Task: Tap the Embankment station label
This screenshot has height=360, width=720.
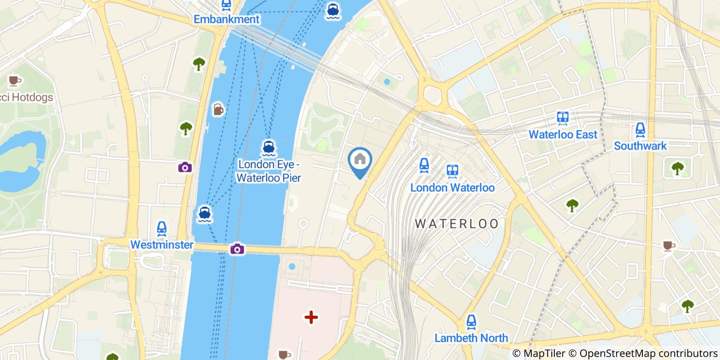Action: tap(226, 20)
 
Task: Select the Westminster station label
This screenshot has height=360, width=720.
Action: tap(161, 245)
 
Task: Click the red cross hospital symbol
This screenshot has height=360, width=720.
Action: tap(311, 317)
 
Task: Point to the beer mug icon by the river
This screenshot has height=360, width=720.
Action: tap(218, 110)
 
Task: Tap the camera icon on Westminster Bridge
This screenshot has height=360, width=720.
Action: tap(237, 249)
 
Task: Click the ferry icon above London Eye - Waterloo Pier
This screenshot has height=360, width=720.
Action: tap(268, 148)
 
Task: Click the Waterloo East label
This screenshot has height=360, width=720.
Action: tap(563, 135)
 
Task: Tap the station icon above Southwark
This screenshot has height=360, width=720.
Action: tap(640, 129)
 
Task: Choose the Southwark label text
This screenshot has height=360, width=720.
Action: tap(640, 146)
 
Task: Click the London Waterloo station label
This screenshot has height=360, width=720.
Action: tap(452, 188)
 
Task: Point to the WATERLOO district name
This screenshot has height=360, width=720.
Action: tap(457, 224)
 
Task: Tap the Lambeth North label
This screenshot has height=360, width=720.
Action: tap(471, 338)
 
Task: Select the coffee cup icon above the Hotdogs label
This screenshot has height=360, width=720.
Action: tap(14, 81)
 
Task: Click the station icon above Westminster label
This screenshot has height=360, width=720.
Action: tap(161, 228)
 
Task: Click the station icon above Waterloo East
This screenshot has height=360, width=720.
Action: tap(563, 118)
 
